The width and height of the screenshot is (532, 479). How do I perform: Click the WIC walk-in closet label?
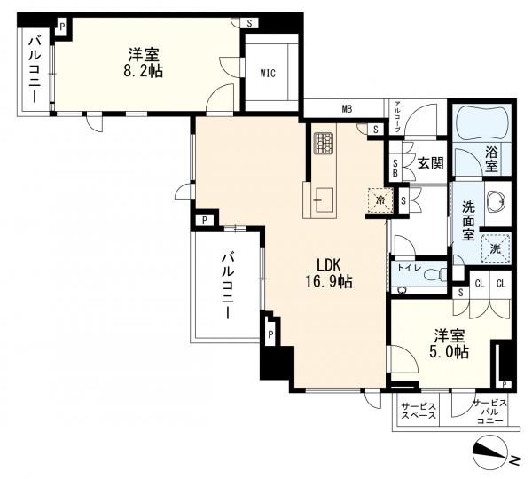point(269,74)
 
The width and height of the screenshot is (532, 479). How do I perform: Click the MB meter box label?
point(348,110)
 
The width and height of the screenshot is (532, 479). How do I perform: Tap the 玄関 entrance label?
point(431,165)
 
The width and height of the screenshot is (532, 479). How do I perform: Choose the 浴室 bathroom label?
point(491,158)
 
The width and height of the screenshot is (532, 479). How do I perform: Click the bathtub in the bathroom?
point(479,124)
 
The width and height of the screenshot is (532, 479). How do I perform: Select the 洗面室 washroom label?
point(468,224)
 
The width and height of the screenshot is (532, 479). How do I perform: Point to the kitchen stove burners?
point(324,143)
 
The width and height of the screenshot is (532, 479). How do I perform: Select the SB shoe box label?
point(395,168)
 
